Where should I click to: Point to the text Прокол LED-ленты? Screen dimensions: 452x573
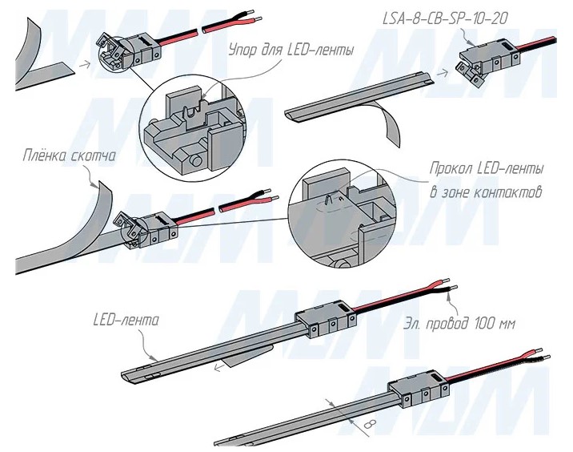[487, 171]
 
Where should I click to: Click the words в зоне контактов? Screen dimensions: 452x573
[486, 193]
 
